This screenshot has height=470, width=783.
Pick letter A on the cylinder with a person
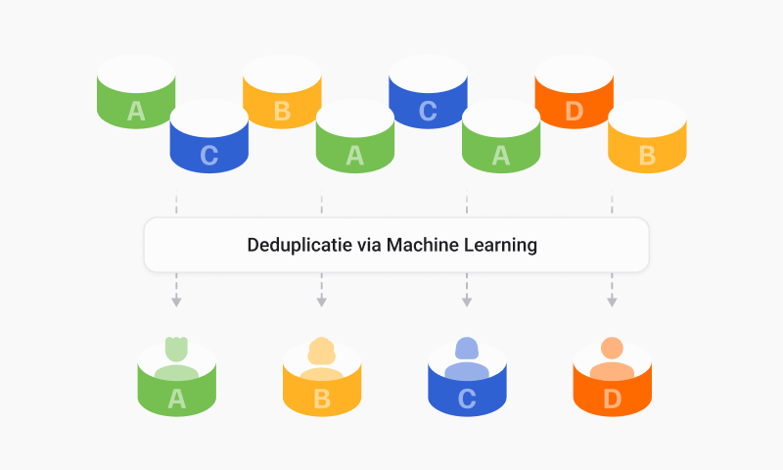[x=176, y=399]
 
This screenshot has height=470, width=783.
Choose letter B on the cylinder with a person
[x=321, y=399]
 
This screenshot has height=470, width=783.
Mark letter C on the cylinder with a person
[x=467, y=399]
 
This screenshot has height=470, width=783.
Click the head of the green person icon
[x=176, y=347]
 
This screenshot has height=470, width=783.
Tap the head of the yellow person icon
[x=321, y=349]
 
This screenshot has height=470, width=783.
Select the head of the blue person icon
[x=467, y=348]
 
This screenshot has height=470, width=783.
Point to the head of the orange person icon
[x=612, y=348]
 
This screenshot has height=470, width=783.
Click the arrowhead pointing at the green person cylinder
[x=176, y=302]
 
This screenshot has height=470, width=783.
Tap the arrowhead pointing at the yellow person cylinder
[x=321, y=302]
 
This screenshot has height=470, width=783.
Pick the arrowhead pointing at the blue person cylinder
[x=467, y=302]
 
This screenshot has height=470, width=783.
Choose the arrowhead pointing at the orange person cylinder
[x=612, y=302]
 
